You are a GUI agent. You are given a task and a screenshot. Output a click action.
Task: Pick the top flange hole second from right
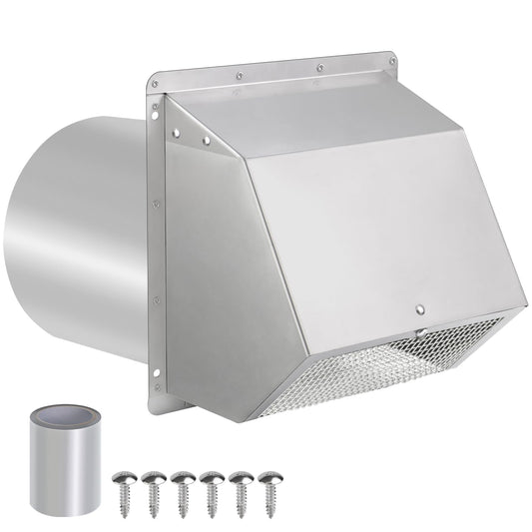[x=318, y=67]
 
